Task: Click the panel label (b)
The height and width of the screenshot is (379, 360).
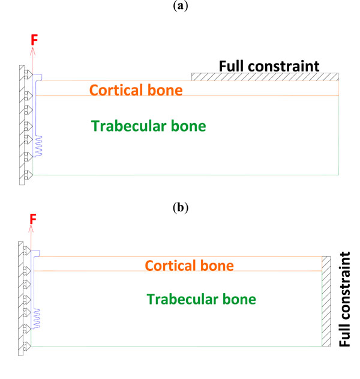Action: (180, 208)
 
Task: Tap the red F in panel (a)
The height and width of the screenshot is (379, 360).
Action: (34, 40)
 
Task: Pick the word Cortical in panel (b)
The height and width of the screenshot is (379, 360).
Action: (170, 265)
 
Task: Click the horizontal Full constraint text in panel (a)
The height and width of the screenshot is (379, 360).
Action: (268, 65)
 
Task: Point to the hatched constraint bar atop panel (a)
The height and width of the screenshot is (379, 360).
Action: (265, 76)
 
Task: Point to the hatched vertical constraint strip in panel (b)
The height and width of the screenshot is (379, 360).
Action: (326, 301)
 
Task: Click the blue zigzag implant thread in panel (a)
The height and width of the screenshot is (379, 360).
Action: (38, 146)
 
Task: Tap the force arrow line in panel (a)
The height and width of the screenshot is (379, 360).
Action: (33, 60)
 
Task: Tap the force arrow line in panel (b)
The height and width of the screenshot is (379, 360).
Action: (31, 240)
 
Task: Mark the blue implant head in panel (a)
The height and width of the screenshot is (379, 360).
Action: (38, 77)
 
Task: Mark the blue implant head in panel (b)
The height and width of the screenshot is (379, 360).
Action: (36, 253)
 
